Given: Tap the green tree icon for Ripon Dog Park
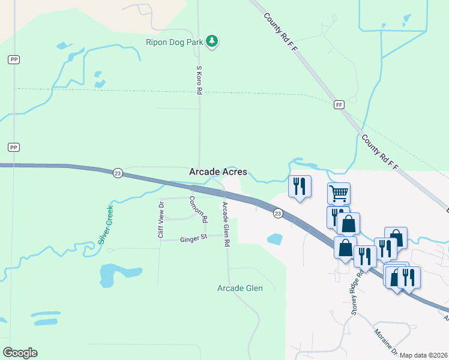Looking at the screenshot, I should click(211, 41).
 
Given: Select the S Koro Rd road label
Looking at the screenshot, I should click(199, 80).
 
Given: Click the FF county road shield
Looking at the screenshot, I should click(339, 104).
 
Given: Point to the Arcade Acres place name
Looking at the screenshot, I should click(218, 172).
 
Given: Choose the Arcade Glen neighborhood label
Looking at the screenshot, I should click(240, 288).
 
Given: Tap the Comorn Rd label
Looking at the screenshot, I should click(198, 209).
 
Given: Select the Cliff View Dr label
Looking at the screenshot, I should click(161, 220).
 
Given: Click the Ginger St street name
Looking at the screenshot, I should click(193, 239).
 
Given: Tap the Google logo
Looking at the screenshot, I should click(20, 353).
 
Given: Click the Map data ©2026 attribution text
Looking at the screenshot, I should click(424, 355).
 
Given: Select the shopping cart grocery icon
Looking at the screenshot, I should click(339, 193).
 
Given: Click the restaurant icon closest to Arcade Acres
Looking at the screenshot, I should click(300, 185).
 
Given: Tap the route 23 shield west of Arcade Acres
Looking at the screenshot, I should click(118, 173).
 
